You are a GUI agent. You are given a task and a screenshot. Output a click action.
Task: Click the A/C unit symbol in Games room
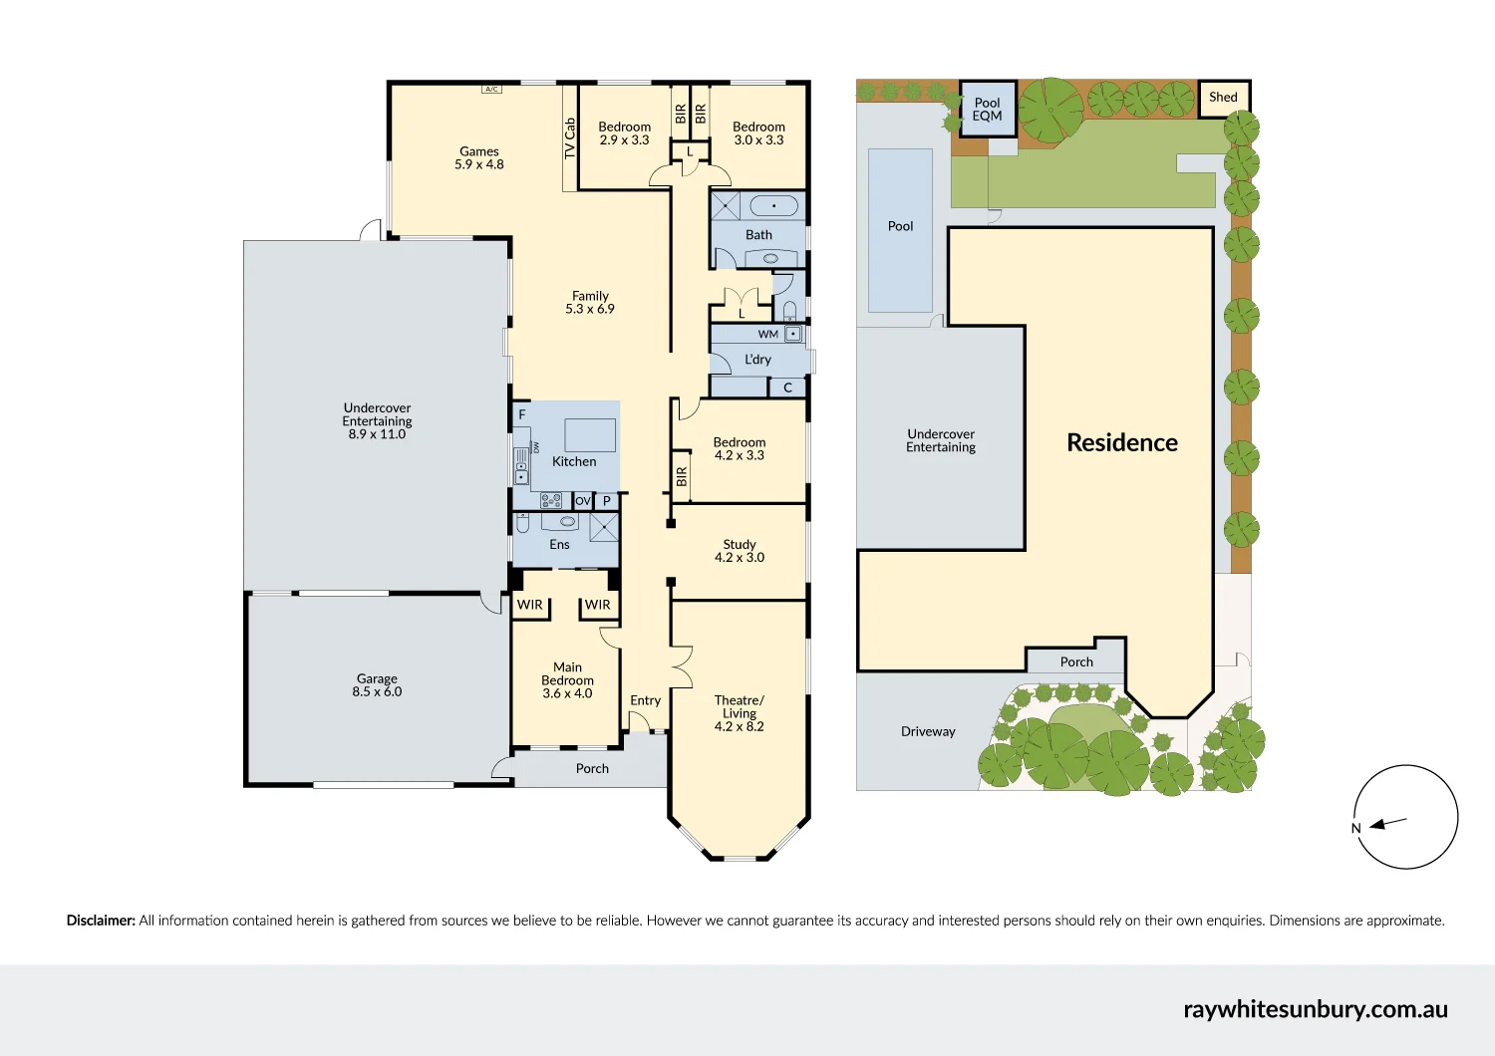pyautogui.click(x=491, y=89)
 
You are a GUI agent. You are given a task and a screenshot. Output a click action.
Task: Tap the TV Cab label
pyautogui.click(x=569, y=138)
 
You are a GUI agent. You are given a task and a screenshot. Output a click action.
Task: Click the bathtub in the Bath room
pyautogui.click(x=773, y=205)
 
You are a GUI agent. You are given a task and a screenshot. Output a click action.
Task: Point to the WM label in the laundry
pyautogui.click(x=767, y=334)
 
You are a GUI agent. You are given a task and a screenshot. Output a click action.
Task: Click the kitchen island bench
pyautogui.click(x=590, y=435)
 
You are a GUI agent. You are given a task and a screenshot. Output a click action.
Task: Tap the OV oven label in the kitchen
pyautogui.click(x=583, y=500)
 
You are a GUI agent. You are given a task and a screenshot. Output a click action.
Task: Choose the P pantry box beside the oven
pyautogui.click(x=606, y=500)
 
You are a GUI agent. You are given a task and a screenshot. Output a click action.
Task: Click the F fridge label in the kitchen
pyautogui.click(x=522, y=414)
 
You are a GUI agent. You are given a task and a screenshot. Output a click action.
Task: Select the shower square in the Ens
pyautogui.click(x=604, y=527)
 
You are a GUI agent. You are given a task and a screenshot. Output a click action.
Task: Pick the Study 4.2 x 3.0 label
pyautogui.click(x=740, y=551)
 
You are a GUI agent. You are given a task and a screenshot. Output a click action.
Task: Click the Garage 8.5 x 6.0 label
pyautogui.click(x=377, y=685)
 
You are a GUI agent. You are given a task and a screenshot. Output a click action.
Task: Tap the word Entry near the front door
pyautogui.click(x=646, y=700)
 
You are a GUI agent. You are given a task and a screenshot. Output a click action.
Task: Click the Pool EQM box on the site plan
pyautogui.click(x=988, y=110)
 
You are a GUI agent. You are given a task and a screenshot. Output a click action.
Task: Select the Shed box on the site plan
pyautogui.click(x=1223, y=98)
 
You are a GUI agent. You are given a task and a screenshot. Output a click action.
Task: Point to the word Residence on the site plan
pyautogui.click(x=1122, y=443)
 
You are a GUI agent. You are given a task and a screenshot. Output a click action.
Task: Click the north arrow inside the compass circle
pyautogui.click(x=1388, y=823)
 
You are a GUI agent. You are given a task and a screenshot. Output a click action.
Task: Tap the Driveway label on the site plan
pyautogui.click(x=928, y=732)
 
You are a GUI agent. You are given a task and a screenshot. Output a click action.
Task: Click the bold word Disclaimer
pyautogui.click(x=101, y=921)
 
